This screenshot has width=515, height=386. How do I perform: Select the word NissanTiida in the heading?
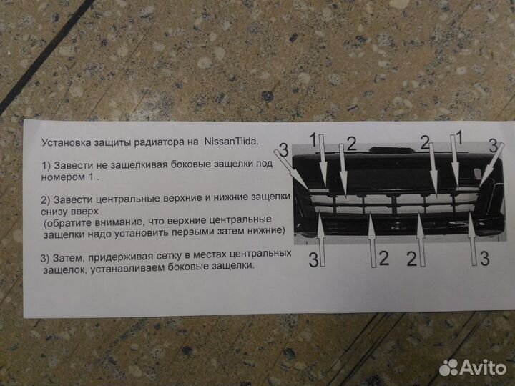[x=232, y=142]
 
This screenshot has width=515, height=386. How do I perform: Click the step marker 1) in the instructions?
[x=46, y=164]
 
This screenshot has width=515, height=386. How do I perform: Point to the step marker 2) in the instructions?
[x=46, y=199]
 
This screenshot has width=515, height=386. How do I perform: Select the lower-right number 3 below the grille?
[x=484, y=258]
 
